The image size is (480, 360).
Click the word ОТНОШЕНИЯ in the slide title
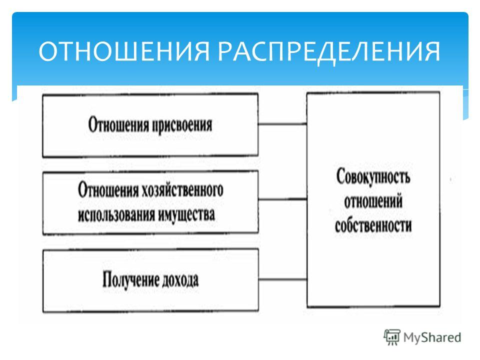(x=124, y=51)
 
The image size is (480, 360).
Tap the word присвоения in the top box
(x=182, y=125)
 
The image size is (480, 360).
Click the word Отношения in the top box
(x=118, y=125)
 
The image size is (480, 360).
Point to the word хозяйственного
(x=182, y=190)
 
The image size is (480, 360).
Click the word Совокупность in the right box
(x=373, y=176)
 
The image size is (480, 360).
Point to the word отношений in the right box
(x=373, y=201)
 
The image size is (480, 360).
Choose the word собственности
(x=373, y=226)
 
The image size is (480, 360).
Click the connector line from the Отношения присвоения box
(x=282, y=124)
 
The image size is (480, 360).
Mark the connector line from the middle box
(x=282, y=199)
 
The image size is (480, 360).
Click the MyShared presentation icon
(x=392, y=337)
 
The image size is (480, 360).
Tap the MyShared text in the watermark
(x=432, y=337)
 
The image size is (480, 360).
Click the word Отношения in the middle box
(x=108, y=190)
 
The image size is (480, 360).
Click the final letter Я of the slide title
(x=432, y=51)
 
